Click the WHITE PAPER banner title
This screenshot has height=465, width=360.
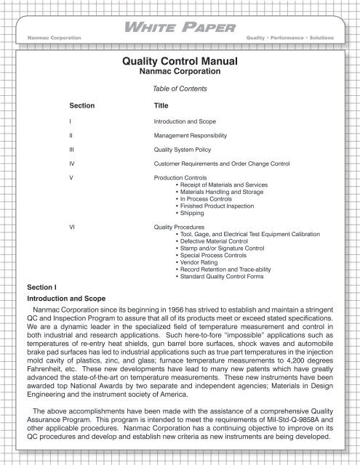[180, 28]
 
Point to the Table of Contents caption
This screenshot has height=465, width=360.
[180, 88]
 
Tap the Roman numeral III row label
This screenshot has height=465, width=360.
[71, 149]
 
